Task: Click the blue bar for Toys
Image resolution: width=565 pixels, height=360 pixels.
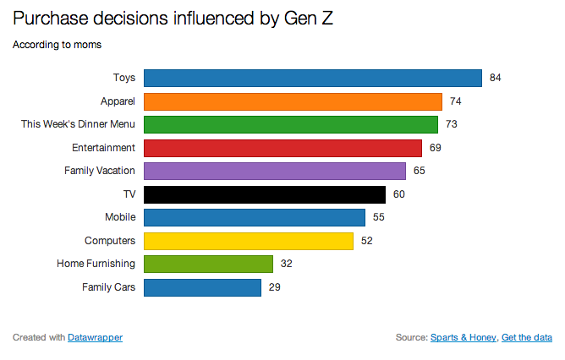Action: click(312, 78)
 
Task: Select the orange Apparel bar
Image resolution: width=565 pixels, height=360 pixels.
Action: click(293, 101)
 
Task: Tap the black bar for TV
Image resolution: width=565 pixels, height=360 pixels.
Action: click(264, 194)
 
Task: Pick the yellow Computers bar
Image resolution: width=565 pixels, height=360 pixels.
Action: click(248, 241)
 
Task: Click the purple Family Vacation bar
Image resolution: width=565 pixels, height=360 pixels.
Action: click(275, 171)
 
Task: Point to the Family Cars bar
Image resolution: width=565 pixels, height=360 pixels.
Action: click(202, 287)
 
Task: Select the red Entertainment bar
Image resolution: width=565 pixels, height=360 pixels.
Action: click(282, 148)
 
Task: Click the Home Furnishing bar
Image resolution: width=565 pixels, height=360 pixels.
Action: click(208, 264)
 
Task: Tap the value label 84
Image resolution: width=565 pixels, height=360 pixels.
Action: click(496, 78)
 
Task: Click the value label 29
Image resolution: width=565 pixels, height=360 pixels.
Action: click(274, 287)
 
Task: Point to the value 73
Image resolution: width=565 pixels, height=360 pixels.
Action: click(452, 124)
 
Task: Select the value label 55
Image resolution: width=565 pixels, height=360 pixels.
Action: click(378, 217)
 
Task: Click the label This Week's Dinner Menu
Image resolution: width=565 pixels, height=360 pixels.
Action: click(78, 124)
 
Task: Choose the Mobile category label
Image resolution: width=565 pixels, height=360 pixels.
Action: click(120, 217)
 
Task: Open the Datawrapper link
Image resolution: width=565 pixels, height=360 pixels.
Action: click(95, 337)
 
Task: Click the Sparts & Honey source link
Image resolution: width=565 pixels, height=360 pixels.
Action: click(463, 337)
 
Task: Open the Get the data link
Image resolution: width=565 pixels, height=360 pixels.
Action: click(527, 337)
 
